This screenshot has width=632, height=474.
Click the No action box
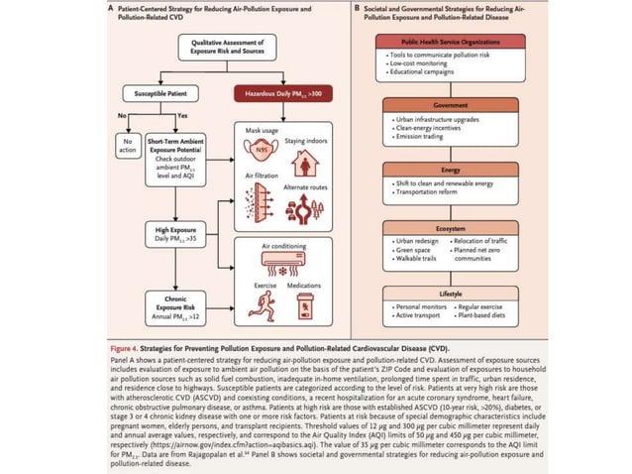coord(127,146)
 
